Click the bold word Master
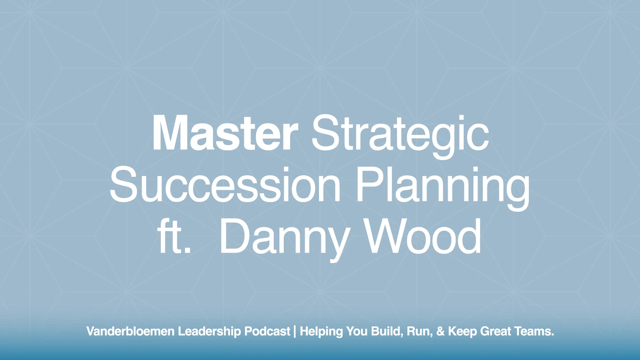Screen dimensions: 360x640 (x=225, y=134)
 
